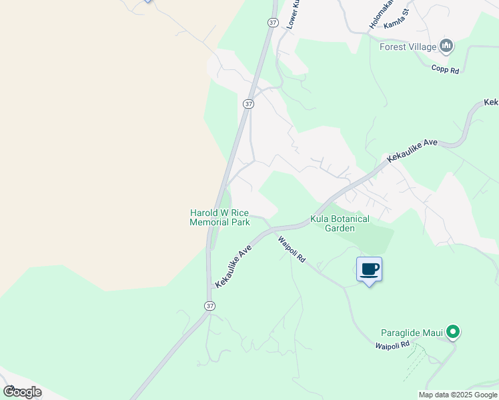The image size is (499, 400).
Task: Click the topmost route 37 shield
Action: pos(272,22)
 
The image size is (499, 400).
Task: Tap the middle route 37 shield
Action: pos(248,104)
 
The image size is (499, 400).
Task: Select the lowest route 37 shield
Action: pos(210,305)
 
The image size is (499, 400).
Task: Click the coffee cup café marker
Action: pos(369,269)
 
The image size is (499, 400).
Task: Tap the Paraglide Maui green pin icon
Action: pos(453,331)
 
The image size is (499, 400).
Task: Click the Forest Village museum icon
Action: pos(446,46)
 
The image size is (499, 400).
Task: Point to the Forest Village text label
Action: pos(408,47)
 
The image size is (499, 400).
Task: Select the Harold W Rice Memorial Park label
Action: pos(219,217)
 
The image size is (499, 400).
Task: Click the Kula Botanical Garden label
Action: pos(340,223)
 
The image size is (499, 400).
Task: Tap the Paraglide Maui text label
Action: pos(412,332)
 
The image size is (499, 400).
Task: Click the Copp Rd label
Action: pos(445,69)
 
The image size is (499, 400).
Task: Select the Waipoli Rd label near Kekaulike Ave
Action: pos(292,249)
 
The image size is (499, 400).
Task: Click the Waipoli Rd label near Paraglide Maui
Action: pos(392,345)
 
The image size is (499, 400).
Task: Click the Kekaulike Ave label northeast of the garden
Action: pos(412,152)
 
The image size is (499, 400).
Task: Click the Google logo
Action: pos(22,392)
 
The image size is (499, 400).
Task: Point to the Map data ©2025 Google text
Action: pos(458,395)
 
